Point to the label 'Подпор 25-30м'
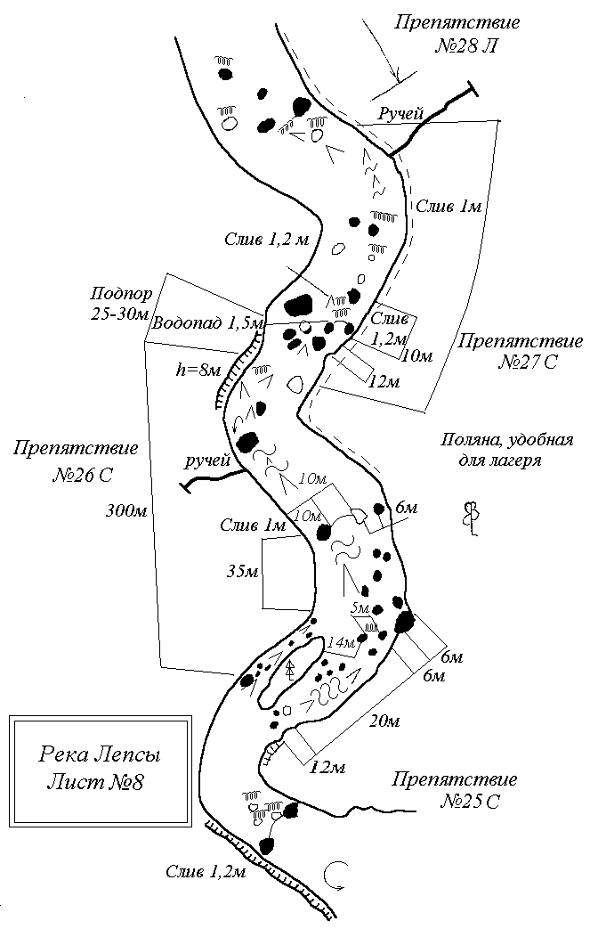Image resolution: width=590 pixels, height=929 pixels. (x=121, y=304)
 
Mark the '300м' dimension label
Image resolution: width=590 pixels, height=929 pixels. (x=124, y=510)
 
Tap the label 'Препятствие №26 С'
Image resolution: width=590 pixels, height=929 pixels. (x=75, y=460)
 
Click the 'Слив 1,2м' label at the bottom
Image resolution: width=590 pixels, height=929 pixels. (x=205, y=871)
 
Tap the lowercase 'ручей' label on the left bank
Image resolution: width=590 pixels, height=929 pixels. (x=207, y=460)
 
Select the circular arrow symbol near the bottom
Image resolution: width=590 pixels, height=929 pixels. (x=336, y=876)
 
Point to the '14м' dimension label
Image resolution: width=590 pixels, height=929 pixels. (x=341, y=642)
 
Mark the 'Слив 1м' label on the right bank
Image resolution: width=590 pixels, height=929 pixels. (x=449, y=206)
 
